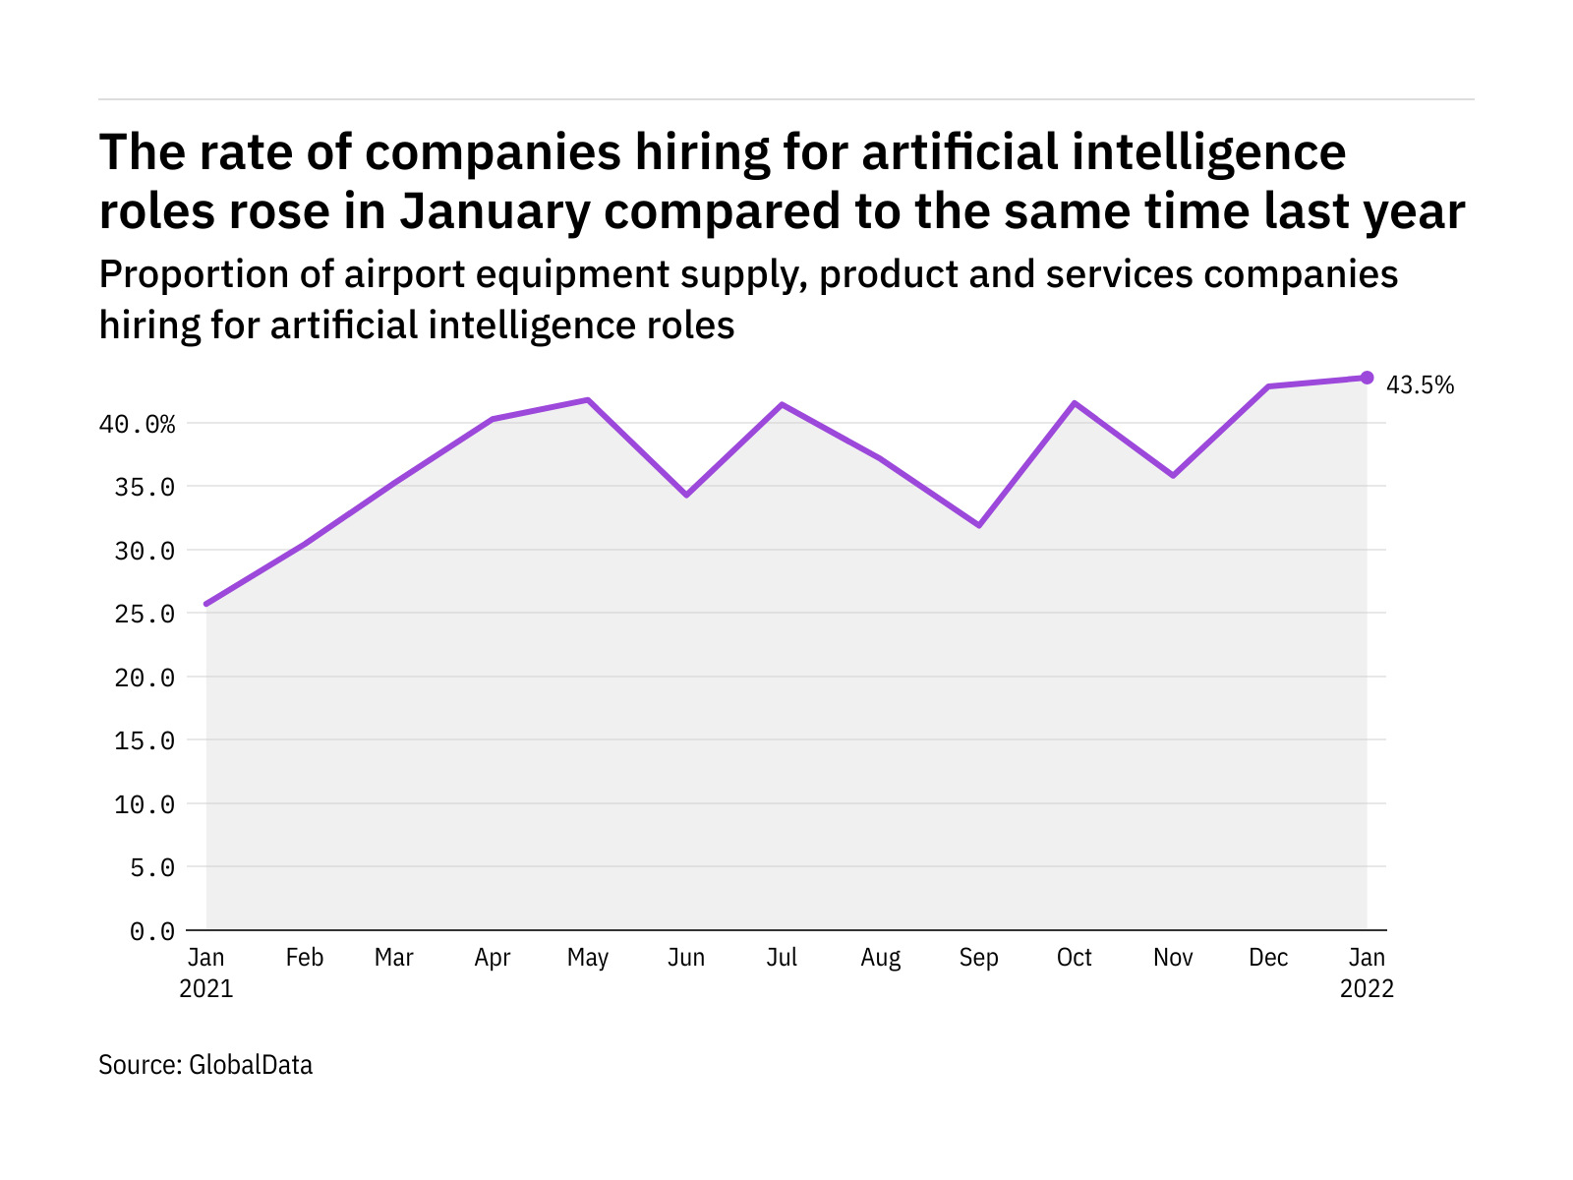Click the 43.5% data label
(1420, 385)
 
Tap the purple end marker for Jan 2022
(1367, 378)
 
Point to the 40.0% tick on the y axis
(137, 424)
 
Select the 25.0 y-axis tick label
(145, 614)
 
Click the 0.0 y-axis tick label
(152, 930)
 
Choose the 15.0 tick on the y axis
(145, 740)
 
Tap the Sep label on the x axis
(978, 958)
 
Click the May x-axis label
(588, 958)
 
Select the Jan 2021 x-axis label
(206, 973)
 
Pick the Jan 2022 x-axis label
(1367, 973)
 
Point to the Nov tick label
(1173, 958)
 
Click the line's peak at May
(588, 400)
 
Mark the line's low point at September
(979, 525)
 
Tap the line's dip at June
(686, 495)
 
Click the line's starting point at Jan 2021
(206, 604)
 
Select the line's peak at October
(1075, 403)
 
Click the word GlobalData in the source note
(251, 1065)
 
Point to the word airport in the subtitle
(404, 274)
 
